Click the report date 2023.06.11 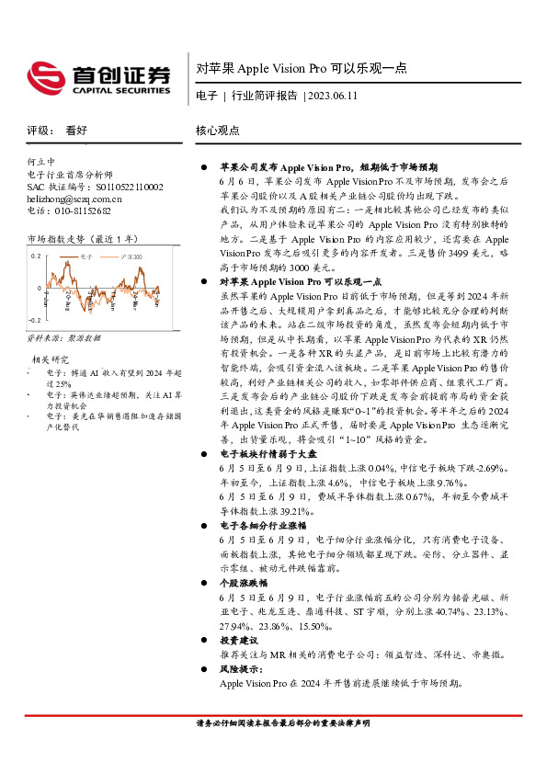tap(333, 96)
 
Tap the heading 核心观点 tap(218, 131)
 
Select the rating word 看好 tap(76, 131)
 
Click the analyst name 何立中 tap(41, 160)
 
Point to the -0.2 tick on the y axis tap(35, 319)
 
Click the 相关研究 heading tap(51, 359)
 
